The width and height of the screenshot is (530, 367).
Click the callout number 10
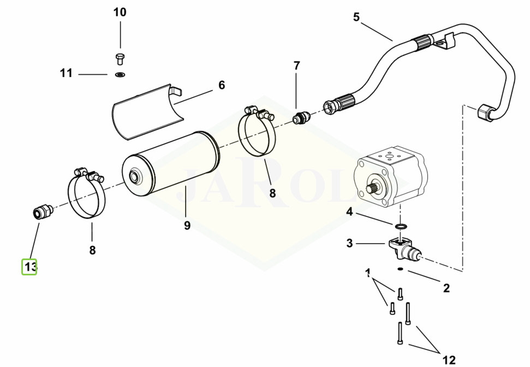120,12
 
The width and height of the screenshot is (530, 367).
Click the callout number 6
222,85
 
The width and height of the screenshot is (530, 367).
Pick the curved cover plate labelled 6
145,112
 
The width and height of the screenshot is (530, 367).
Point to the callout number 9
187,225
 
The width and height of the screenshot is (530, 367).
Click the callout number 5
356,17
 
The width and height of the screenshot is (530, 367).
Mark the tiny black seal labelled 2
400,269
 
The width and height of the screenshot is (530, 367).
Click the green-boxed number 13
29,267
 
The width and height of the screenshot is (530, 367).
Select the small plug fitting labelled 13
40,212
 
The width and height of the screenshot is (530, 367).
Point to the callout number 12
449,360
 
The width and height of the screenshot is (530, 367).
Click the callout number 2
446,288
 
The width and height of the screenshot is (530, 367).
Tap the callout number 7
297,66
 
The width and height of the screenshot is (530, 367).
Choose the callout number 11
66,73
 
